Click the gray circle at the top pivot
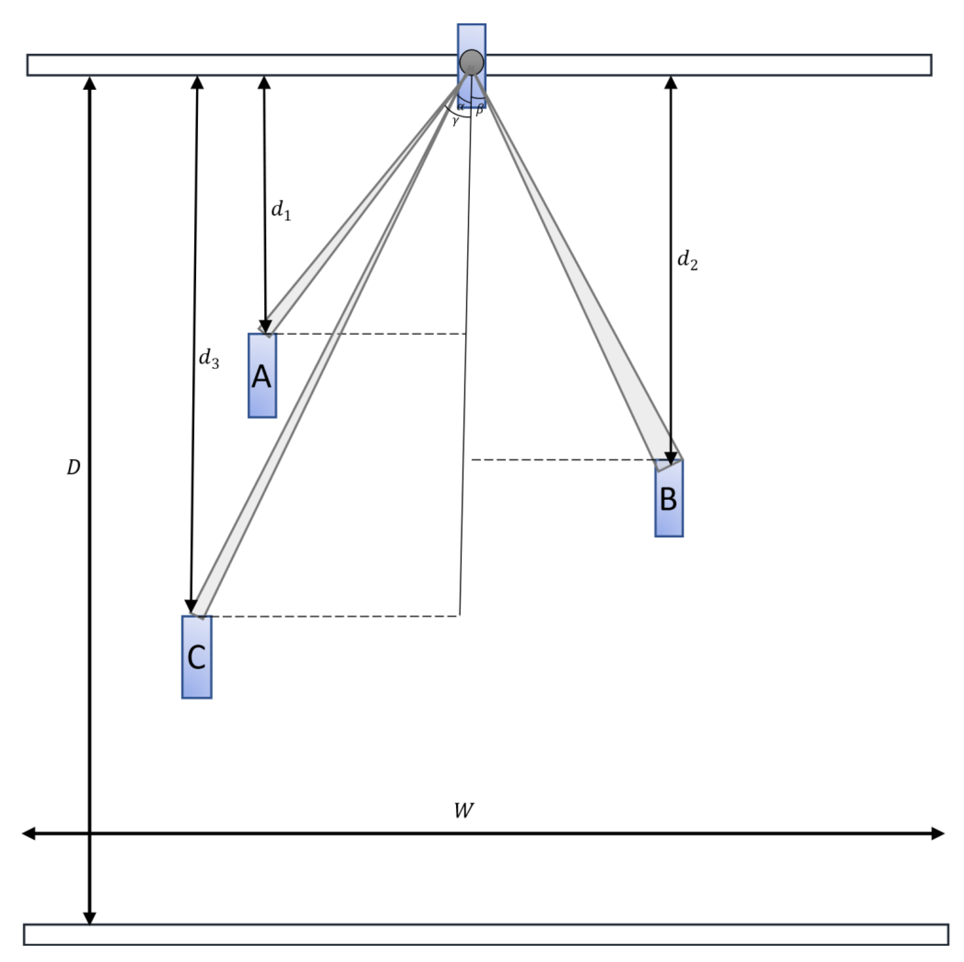click(471, 62)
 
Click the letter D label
click(73, 467)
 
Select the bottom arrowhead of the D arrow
click(89, 918)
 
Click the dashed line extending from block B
click(564, 460)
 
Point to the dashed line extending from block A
click(369, 334)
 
